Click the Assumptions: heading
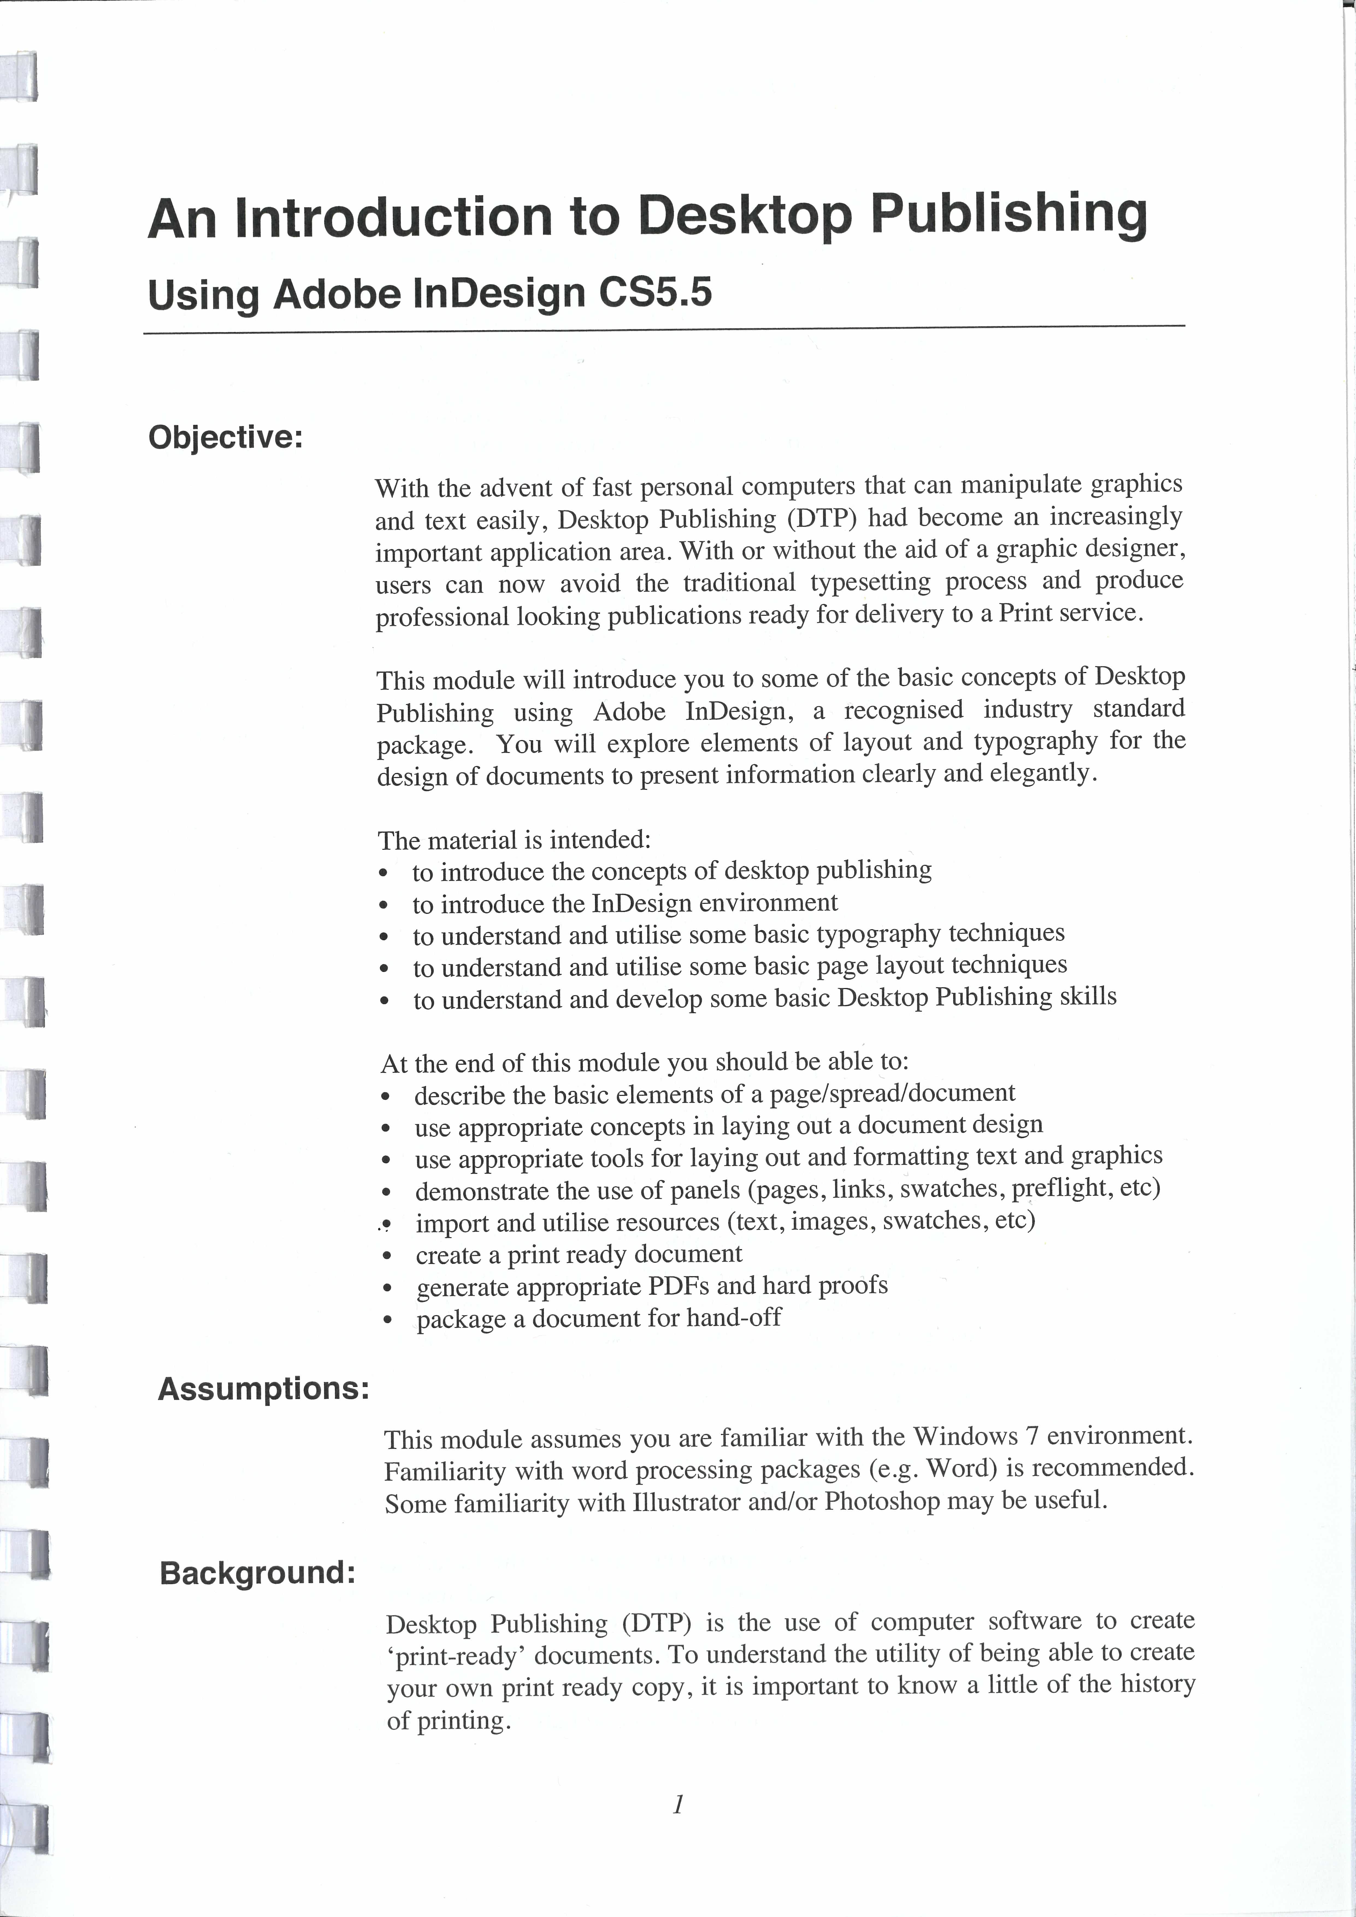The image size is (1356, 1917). [x=263, y=1389]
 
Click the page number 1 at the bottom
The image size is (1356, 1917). [x=678, y=1805]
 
